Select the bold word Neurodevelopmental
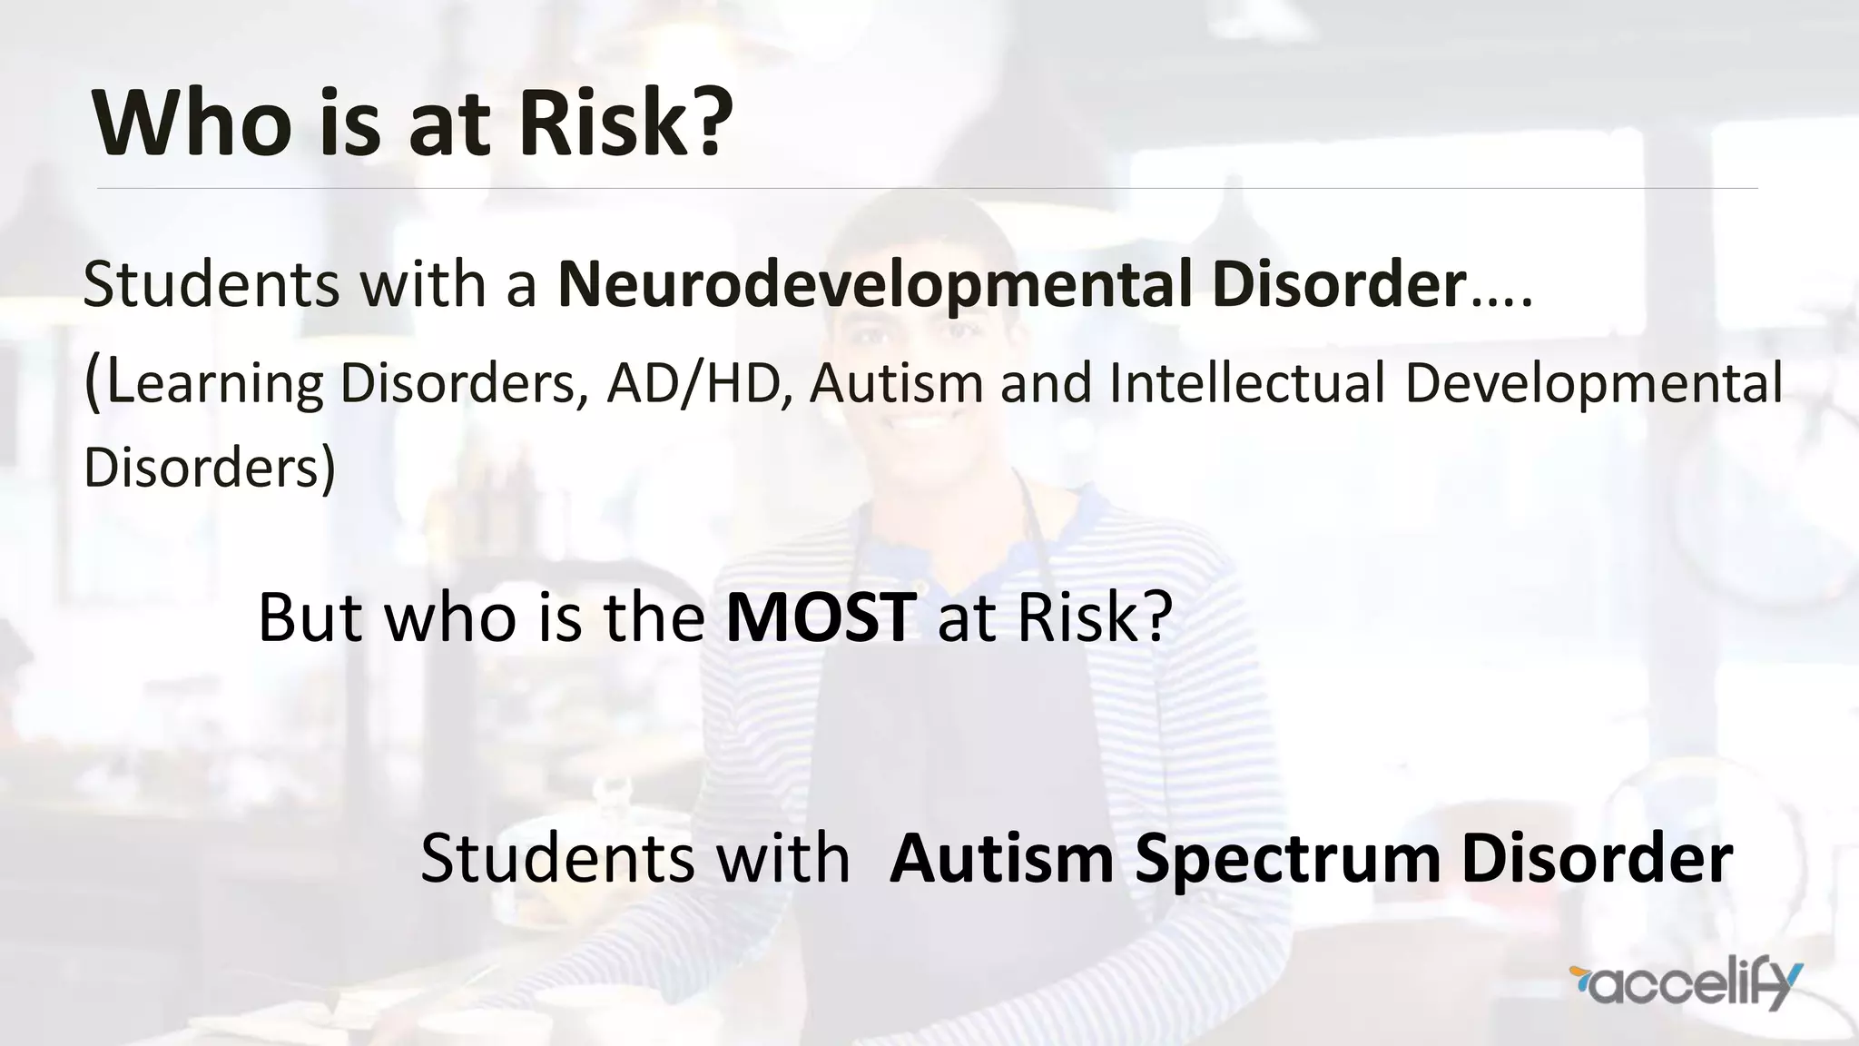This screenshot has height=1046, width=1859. [x=874, y=285]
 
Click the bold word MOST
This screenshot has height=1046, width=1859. [x=821, y=617]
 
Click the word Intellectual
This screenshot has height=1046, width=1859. [x=1247, y=383]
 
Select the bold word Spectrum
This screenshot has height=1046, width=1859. [x=1287, y=858]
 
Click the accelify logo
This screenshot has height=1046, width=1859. [x=1685, y=984]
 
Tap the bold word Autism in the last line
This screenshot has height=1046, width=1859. [x=1002, y=858]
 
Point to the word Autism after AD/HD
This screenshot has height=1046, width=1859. [x=897, y=383]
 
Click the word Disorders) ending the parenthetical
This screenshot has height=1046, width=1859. [x=210, y=468]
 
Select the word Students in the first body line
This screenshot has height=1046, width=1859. [x=211, y=285]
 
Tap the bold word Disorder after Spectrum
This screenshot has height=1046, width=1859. [x=1598, y=858]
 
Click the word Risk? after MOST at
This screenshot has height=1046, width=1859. [x=1095, y=617]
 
